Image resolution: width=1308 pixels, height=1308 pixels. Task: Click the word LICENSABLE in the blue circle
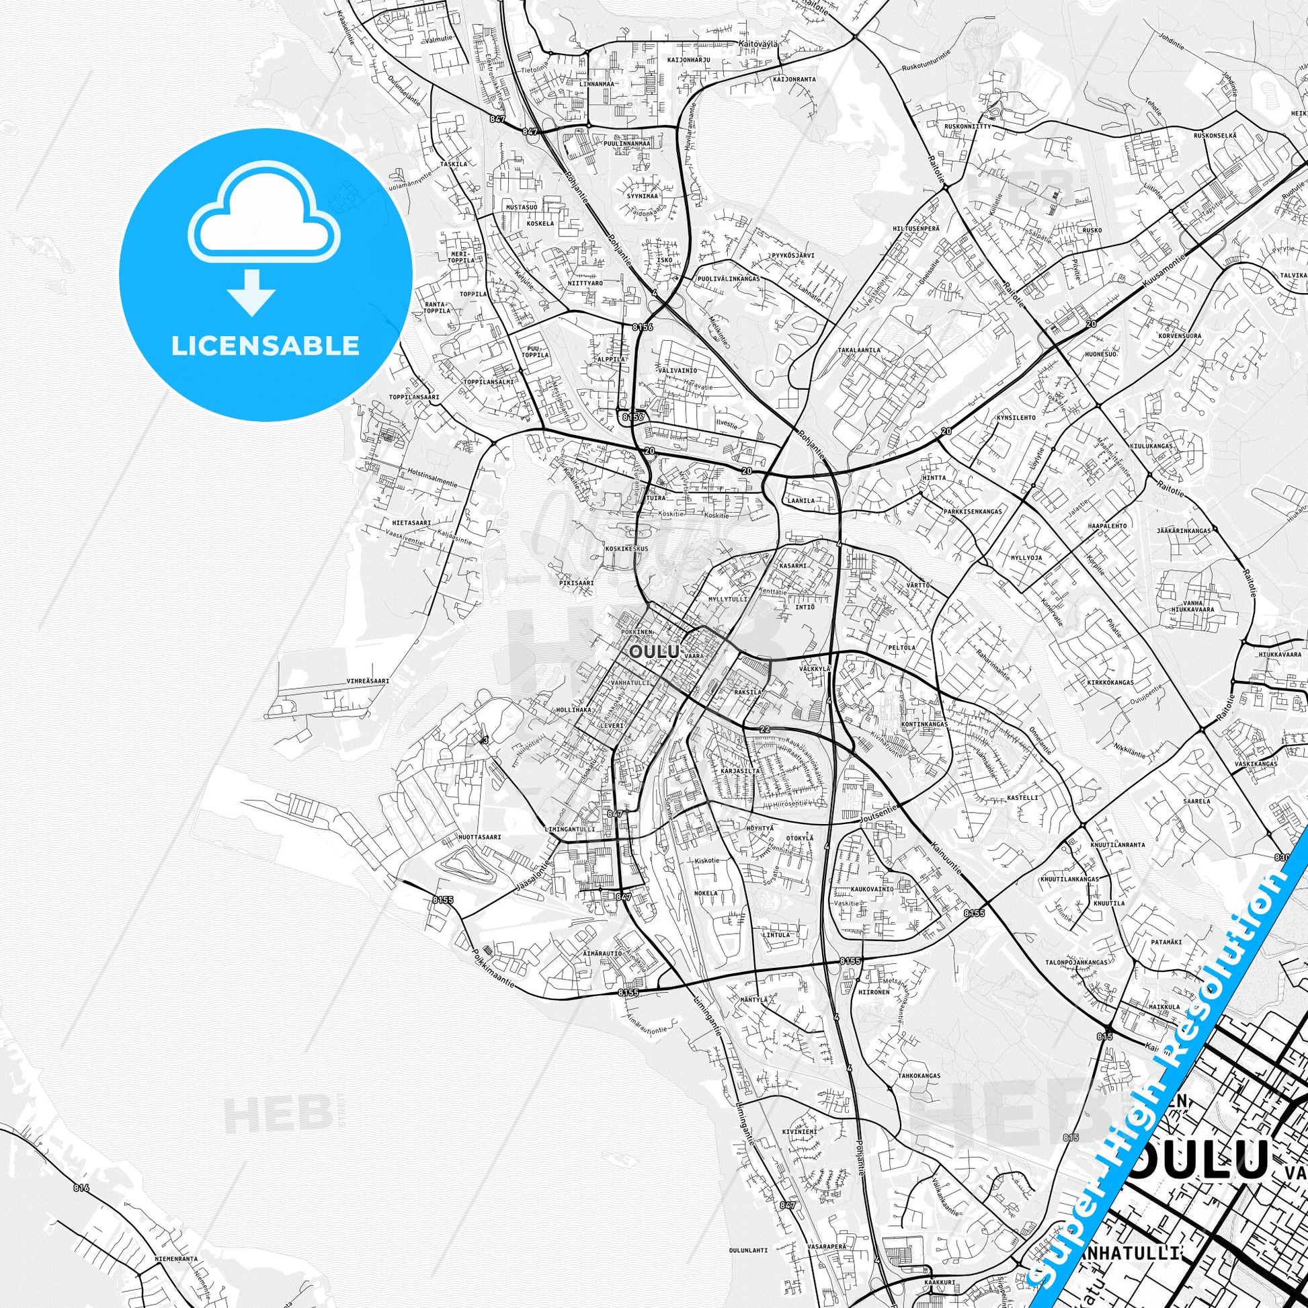pos(265,346)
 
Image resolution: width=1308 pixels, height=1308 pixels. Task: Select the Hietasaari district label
pos(411,523)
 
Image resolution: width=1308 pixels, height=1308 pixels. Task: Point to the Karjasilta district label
pos(739,771)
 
